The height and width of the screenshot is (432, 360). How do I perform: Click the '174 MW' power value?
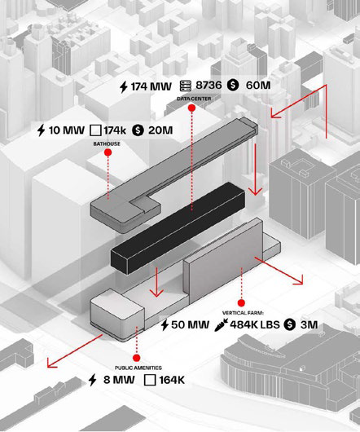click(x=151, y=86)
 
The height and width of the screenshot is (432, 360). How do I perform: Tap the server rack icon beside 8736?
click(x=186, y=86)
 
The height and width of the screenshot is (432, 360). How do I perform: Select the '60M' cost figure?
click(x=258, y=85)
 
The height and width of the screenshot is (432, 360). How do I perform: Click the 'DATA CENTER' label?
click(x=194, y=99)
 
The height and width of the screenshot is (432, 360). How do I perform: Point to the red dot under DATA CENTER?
click(x=192, y=108)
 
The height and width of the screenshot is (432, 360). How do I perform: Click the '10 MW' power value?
click(x=67, y=130)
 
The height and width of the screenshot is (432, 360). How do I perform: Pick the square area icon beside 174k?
click(x=95, y=130)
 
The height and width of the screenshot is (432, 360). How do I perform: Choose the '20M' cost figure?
click(x=160, y=130)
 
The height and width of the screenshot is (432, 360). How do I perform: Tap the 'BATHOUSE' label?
click(x=107, y=143)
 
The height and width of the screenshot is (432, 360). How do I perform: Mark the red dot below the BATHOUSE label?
click(x=108, y=152)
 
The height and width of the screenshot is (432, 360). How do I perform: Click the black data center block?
click(x=178, y=228)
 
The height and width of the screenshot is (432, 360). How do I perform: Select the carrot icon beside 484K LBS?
click(x=221, y=324)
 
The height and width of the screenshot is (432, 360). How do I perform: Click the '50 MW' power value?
click(x=190, y=324)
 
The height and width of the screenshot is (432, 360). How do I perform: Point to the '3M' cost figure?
click(x=309, y=324)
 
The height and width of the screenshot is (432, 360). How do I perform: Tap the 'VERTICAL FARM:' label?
click(x=243, y=313)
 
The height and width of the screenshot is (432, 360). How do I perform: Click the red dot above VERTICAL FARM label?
click(x=241, y=303)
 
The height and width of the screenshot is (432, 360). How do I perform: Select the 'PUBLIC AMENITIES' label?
click(x=138, y=368)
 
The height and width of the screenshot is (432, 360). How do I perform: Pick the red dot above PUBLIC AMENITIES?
click(x=137, y=358)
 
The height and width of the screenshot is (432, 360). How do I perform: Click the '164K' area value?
click(x=172, y=380)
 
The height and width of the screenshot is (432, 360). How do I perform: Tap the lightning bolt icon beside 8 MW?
click(x=93, y=380)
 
